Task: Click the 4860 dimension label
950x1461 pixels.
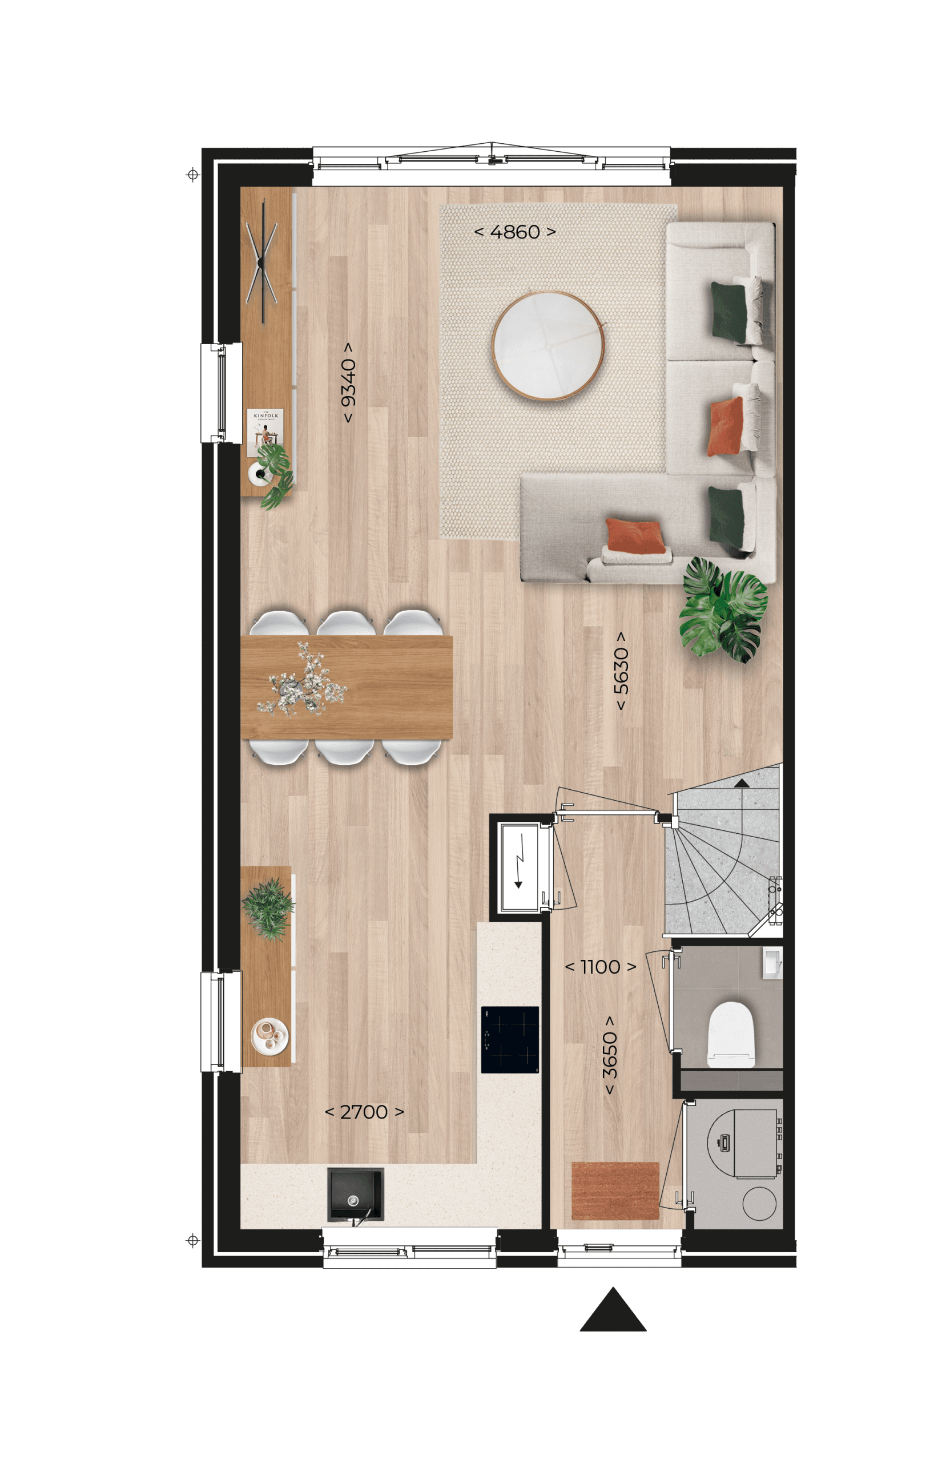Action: tap(514, 232)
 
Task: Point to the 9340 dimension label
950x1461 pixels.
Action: tap(348, 382)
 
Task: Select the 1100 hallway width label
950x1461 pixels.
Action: tap(600, 967)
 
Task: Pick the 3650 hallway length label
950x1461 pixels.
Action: tap(609, 1055)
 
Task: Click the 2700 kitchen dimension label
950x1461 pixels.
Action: tap(364, 1112)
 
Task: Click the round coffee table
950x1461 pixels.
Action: tap(548, 346)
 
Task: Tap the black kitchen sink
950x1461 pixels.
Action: tap(355, 1194)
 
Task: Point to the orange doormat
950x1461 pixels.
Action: tap(615, 1191)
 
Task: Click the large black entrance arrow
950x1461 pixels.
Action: tap(613, 1309)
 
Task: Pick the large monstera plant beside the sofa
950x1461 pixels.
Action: tap(723, 610)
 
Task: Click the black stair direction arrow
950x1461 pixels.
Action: tap(742, 784)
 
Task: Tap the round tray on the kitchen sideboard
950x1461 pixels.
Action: tap(270, 1037)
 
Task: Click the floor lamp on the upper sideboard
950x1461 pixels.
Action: tap(262, 261)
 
